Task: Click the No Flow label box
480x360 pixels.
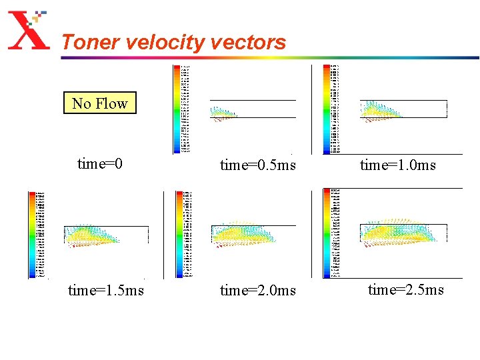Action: (x=100, y=103)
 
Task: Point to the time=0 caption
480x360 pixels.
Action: (x=100, y=163)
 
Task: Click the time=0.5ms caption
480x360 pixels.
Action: (x=258, y=165)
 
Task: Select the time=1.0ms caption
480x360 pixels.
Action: (x=398, y=165)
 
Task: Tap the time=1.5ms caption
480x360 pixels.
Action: (x=105, y=290)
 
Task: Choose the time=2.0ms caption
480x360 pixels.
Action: (x=258, y=290)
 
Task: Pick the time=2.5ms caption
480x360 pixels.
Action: (x=406, y=289)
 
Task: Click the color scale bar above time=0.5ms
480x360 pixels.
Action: (x=177, y=109)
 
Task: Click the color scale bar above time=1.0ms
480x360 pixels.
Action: (x=327, y=109)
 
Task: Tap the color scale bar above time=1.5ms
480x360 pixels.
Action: (x=32, y=234)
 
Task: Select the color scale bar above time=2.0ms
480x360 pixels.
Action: (x=179, y=234)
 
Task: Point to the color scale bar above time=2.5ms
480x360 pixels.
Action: (x=327, y=233)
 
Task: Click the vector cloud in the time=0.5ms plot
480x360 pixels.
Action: (x=223, y=114)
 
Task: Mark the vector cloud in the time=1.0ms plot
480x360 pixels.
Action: (x=380, y=111)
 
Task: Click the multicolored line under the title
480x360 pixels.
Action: (x=267, y=57)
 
